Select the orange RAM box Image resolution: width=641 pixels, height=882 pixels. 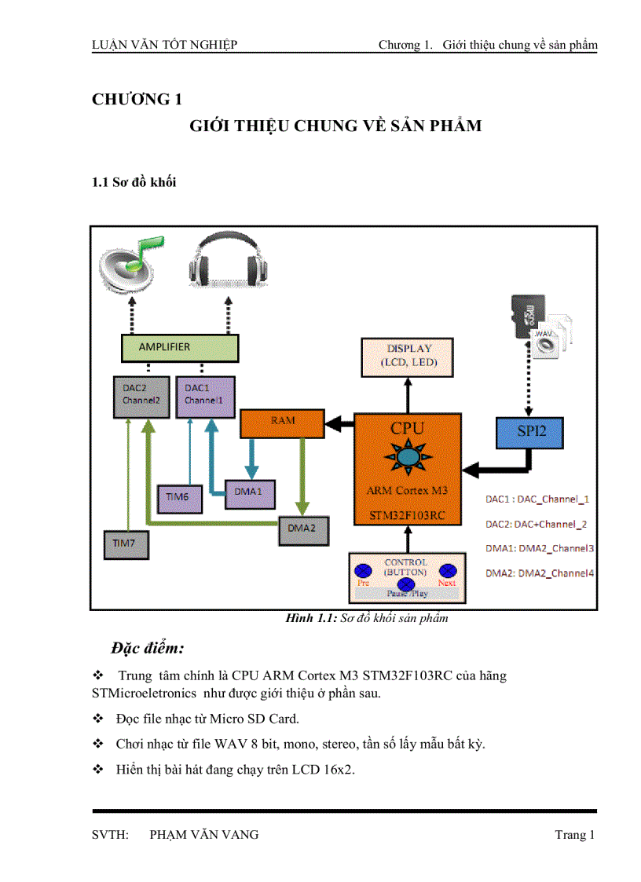pyautogui.click(x=283, y=423)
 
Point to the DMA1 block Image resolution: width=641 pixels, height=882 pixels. pyautogui.click(x=248, y=492)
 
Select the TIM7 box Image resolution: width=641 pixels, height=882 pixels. pyautogui.click(x=126, y=543)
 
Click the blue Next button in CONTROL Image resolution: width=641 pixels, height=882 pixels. pyautogui.click(x=447, y=571)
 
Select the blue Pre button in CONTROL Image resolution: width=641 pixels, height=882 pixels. pyautogui.click(x=364, y=571)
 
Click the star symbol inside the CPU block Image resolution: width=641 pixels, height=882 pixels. pyautogui.click(x=407, y=456)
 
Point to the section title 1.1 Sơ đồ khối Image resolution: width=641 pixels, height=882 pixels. pyautogui.click(x=134, y=182)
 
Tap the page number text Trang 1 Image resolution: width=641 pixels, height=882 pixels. pyautogui.click(x=575, y=835)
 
